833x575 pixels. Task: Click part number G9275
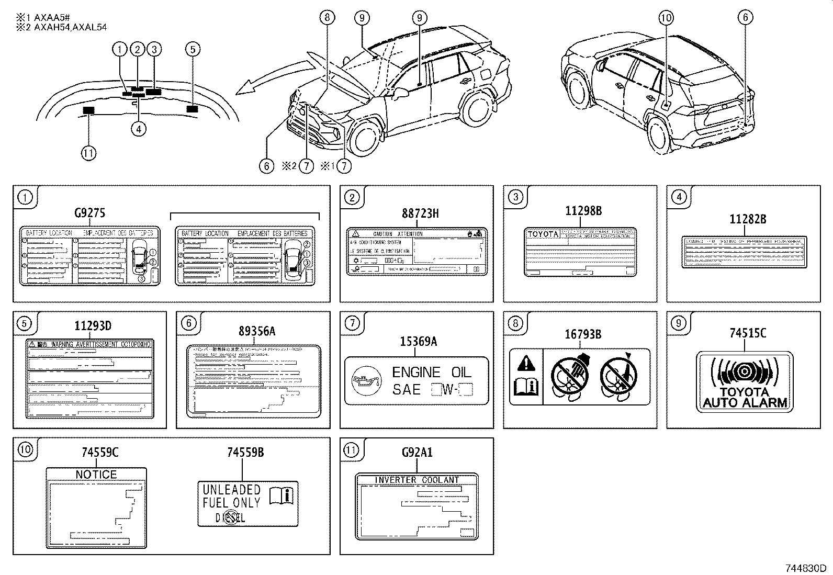pos(89,213)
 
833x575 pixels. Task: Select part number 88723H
pos(420,213)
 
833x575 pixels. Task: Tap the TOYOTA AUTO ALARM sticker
pos(745,382)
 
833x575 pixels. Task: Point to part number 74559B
pos(245,453)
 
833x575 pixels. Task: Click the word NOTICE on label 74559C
pos(96,475)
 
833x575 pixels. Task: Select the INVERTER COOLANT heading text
pos(416,480)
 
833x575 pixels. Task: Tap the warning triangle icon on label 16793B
pos(526,363)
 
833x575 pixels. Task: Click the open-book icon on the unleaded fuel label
pos(282,495)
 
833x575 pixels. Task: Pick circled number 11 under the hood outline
pos(89,153)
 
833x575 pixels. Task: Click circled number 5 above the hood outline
pos(193,49)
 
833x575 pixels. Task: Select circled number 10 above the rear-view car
pos(666,18)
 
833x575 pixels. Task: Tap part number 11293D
pos(93,326)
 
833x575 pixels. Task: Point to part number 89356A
pos(256,331)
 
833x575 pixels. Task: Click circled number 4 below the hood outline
pos(139,128)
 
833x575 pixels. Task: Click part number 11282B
pos(748,220)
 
